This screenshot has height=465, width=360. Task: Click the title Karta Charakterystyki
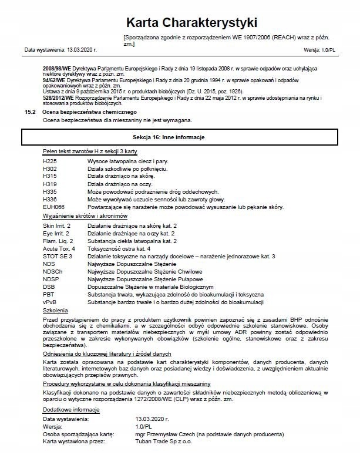tap(191, 23)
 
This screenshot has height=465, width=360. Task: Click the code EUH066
tap(53, 207)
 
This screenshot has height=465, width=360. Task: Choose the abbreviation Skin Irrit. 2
tap(57, 225)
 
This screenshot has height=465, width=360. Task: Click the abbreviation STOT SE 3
tap(58, 257)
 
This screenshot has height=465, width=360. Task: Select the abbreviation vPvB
tap(51, 302)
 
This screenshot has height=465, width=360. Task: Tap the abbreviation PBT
tap(49, 294)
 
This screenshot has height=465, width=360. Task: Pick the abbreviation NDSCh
tap(52, 271)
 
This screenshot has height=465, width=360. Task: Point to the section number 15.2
tap(30, 112)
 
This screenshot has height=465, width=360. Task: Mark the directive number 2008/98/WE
tap(56, 69)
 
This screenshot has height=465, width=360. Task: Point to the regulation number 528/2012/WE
tap(56, 97)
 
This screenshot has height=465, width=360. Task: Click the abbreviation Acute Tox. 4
tap(59, 249)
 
